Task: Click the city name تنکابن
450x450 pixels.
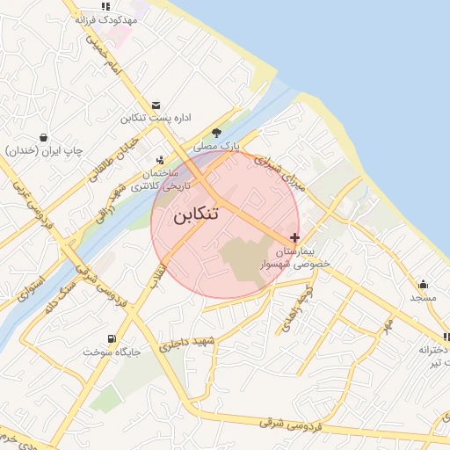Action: [196, 215]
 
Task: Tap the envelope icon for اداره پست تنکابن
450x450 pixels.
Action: [156, 105]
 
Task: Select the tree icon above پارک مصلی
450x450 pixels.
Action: [216, 133]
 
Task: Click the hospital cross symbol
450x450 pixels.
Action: [294, 237]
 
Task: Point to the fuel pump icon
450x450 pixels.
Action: [111, 339]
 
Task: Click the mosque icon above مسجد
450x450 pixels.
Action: [423, 284]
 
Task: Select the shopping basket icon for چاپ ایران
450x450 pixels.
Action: [43, 137]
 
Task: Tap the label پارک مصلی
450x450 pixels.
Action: [217, 144]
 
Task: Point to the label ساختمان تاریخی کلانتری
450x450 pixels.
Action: [154, 179]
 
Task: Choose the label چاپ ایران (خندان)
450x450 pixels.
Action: [44, 150]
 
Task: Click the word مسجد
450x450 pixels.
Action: [423, 297]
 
